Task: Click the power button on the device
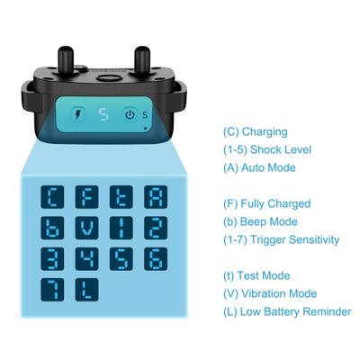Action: (130, 114)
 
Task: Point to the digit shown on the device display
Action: (103, 114)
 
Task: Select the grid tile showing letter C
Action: (57, 196)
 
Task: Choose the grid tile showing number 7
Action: (57, 290)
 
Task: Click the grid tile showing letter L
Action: (89, 290)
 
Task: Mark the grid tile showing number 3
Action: (57, 259)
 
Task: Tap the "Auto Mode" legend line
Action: (259, 167)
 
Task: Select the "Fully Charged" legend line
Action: (266, 203)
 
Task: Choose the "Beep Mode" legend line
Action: (260, 221)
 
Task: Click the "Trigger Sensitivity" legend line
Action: (281, 239)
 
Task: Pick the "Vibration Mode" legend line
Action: (270, 293)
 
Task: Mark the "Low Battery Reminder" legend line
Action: (287, 311)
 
